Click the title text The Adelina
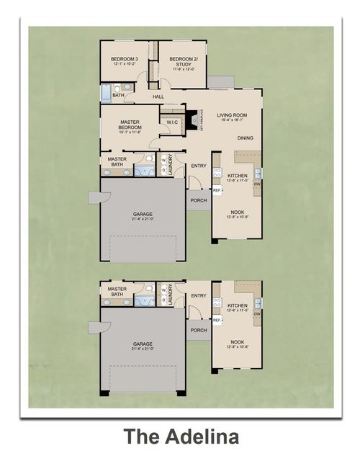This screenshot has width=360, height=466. click(x=180, y=436)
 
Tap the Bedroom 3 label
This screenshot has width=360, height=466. click(x=125, y=60)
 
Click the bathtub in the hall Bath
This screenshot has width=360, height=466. click(x=104, y=94)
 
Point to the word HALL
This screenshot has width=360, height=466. click(x=158, y=96)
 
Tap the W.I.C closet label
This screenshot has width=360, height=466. click(x=172, y=122)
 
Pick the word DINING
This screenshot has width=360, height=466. click(x=246, y=138)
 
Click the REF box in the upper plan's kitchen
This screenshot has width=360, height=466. click(x=216, y=190)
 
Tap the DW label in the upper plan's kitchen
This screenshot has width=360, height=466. click(x=257, y=183)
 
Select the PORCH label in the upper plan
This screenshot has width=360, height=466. click(x=199, y=200)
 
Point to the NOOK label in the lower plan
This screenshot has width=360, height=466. click(x=238, y=342)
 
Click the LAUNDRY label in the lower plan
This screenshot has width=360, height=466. click(x=170, y=295)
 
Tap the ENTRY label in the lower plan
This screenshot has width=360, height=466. click(x=199, y=295)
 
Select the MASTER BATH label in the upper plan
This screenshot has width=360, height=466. click(x=117, y=161)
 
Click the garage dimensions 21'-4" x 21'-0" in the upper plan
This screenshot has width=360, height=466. click(x=142, y=219)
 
